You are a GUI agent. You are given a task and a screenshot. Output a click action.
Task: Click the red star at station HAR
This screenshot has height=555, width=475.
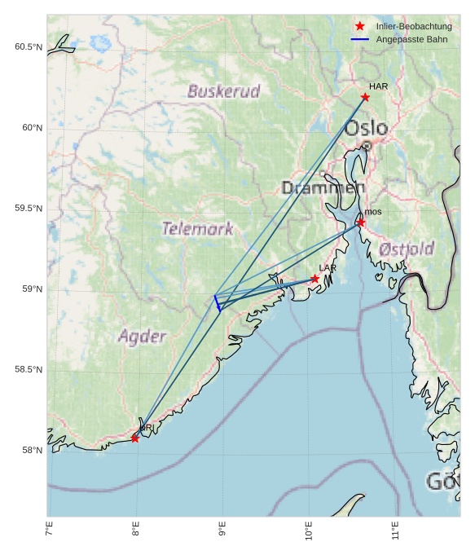(x=365, y=97)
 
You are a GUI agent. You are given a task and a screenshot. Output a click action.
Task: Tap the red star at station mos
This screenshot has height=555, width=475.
(x=361, y=222)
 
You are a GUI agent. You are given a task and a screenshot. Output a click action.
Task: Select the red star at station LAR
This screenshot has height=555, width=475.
(x=315, y=279)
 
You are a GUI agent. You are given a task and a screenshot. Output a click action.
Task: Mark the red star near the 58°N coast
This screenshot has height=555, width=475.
(x=135, y=438)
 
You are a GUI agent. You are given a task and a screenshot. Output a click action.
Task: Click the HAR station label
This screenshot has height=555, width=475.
(x=378, y=86)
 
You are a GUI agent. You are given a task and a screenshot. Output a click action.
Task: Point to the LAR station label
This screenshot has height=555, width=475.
(x=328, y=268)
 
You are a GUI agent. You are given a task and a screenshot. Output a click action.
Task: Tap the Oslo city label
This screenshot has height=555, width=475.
(x=366, y=128)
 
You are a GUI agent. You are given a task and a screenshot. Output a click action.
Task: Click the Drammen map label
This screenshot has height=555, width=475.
(x=323, y=188)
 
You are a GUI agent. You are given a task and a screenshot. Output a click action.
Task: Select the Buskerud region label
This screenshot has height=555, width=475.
(x=223, y=90)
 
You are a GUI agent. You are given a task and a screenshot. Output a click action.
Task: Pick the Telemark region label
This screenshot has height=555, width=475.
(x=197, y=229)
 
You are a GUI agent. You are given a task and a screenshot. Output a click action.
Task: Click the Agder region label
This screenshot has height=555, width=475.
(x=142, y=336)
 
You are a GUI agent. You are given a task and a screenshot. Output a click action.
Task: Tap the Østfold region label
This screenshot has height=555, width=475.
(x=407, y=249)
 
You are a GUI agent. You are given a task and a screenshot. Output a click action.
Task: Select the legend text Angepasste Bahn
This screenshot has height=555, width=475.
(x=411, y=39)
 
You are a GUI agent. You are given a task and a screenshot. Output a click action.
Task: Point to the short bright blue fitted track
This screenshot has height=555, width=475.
(x=217, y=303)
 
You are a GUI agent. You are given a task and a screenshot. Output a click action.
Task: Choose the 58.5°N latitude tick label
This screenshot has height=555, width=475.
(x=29, y=370)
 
